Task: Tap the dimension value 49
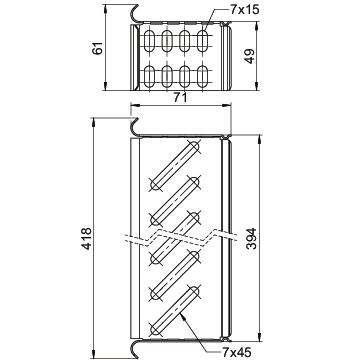[x=249, y=56]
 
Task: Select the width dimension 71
[x=180, y=98]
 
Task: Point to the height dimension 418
[x=87, y=239]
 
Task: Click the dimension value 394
[x=251, y=239]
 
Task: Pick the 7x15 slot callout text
[x=245, y=10]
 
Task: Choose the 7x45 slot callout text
[x=236, y=351]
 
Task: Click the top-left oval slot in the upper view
[x=149, y=41]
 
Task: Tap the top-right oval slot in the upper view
[x=202, y=41]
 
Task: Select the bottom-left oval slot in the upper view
[x=149, y=77]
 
